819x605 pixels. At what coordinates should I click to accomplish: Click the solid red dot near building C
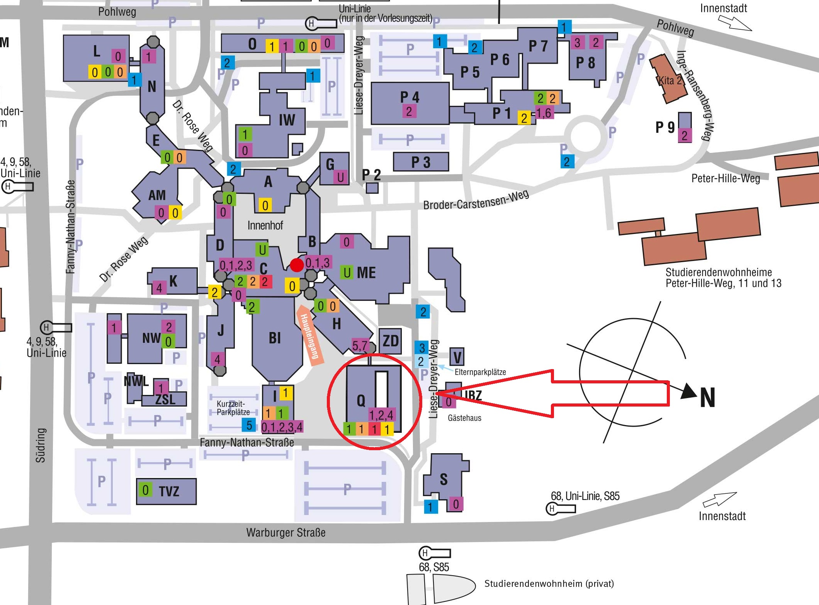click(297, 265)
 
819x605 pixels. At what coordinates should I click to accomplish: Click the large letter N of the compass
click(707, 397)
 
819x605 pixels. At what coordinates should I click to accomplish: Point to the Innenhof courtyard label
click(265, 225)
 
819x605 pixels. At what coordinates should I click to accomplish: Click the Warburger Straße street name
click(286, 533)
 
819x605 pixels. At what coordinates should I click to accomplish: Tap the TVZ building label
click(169, 491)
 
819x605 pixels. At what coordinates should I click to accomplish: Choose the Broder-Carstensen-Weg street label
click(476, 200)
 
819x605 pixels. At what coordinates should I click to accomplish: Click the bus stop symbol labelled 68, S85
click(435, 553)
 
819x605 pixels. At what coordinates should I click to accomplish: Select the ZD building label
click(390, 341)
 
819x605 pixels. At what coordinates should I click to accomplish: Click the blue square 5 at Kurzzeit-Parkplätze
click(249, 425)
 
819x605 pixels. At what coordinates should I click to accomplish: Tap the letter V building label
click(457, 357)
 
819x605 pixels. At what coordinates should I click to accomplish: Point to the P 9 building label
click(665, 127)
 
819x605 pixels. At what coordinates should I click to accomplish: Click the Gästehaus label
click(464, 418)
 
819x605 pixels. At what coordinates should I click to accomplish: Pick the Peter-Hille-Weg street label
click(726, 178)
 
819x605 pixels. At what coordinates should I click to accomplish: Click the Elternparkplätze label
click(480, 372)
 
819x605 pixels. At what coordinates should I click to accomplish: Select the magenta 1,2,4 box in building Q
click(381, 415)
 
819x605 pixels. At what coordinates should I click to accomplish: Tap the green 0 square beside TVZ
click(145, 490)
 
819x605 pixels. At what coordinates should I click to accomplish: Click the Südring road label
click(41, 445)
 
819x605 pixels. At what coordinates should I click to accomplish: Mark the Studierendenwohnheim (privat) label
click(549, 583)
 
